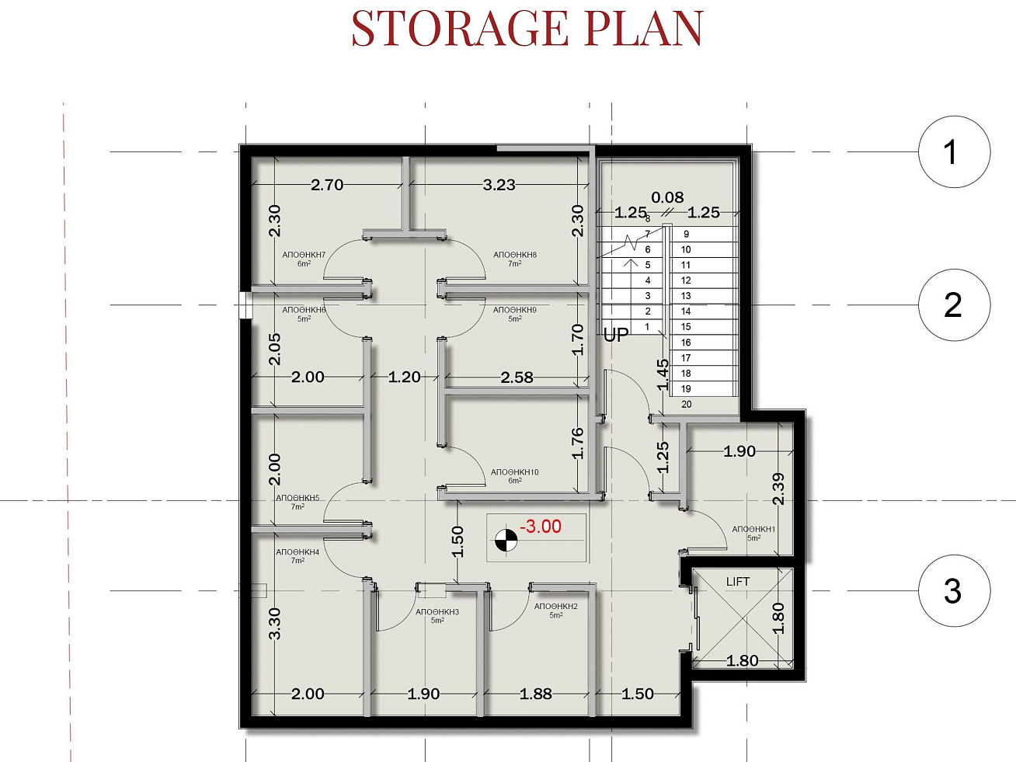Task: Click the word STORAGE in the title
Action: (460, 28)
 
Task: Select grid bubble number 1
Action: (954, 151)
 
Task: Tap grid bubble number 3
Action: (954, 591)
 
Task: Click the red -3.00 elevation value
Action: (541, 527)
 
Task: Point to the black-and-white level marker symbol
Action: (506, 541)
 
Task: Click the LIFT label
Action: (738, 582)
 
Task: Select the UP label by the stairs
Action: (616, 335)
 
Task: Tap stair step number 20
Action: (687, 405)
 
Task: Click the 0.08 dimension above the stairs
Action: (667, 197)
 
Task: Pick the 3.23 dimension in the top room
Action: (499, 185)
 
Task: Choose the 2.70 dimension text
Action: (327, 185)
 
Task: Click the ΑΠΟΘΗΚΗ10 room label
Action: (515, 472)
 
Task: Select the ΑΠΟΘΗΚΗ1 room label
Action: (753, 529)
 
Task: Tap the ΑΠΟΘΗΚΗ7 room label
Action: (304, 255)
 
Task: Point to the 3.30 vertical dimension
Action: (274, 624)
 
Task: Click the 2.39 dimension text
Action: (779, 489)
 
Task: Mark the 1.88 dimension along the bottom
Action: (535, 694)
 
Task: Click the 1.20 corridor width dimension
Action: (404, 377)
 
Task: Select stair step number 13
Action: (686, 296)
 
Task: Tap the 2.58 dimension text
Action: (517, 378)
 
